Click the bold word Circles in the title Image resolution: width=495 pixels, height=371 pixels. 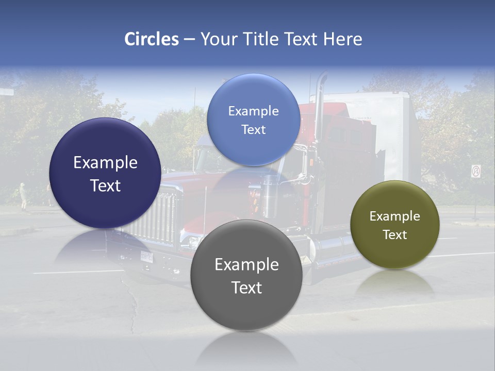point(151,39)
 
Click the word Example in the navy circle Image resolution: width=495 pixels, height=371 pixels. point(105,163)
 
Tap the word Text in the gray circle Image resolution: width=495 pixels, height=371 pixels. point(246,288)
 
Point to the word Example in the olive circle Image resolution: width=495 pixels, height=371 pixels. point(394,216)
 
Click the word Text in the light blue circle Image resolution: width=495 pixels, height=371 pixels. point(253,129)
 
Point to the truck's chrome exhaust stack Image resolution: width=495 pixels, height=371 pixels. point(320,103)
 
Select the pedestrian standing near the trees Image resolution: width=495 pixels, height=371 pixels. point(23,196)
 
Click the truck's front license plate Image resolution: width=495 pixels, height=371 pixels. point(147,256)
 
